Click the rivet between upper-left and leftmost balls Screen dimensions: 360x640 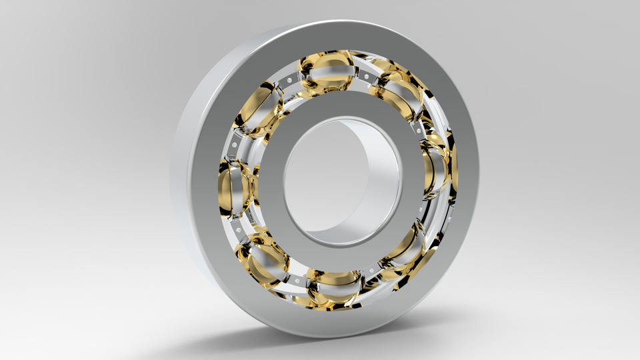[x=235, y=142]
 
